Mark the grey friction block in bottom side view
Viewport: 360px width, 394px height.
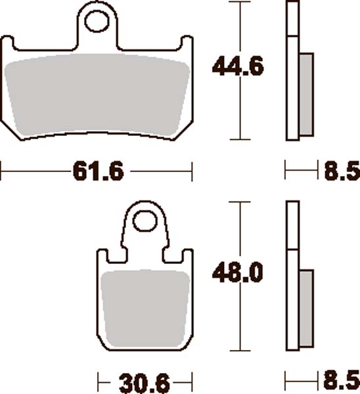(305, 307)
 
